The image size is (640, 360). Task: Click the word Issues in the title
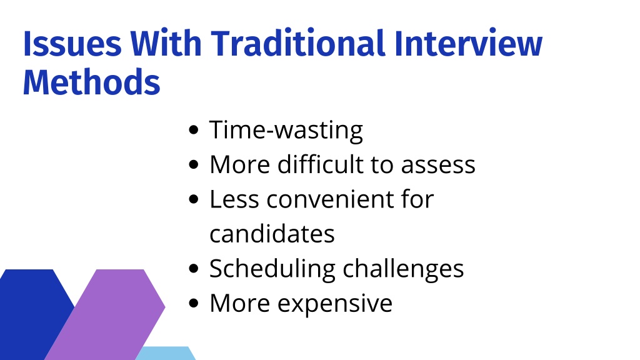click(72, 43)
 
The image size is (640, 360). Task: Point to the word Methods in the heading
click(91, 82)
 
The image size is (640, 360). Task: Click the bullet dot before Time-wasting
click(194, 130)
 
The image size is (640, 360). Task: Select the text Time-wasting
click(286, 131)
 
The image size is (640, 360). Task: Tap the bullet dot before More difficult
click(194, 164)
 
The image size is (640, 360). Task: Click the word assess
click(438, 166)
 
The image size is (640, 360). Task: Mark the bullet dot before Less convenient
click(194, 199)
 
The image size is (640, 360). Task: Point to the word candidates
click(272, 234)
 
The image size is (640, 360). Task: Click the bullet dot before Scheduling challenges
click(194, 269)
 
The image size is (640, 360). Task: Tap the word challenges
click(403, 269)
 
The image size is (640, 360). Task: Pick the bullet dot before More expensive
click(194, 303)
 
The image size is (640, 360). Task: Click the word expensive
click(335, 304)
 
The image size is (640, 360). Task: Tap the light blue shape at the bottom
click(165, 354)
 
